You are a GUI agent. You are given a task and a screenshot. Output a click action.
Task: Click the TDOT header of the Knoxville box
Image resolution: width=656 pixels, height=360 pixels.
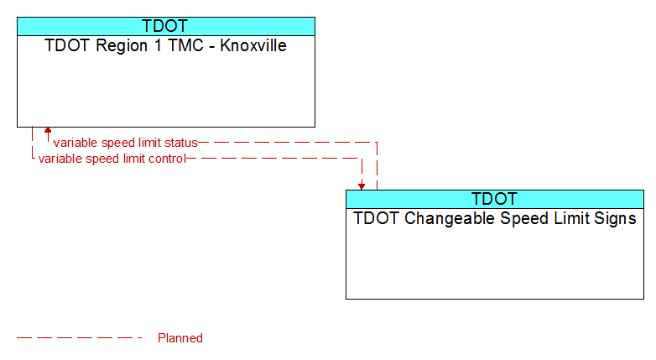pos(164,26)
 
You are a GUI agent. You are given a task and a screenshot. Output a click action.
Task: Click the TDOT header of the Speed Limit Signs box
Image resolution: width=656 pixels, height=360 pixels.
pos(494,199)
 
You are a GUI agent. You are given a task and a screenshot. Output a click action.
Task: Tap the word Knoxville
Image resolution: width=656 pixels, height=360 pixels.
pos(253,45)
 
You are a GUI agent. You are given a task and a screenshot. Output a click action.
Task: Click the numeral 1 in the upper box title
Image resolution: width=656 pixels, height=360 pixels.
pos(158,45)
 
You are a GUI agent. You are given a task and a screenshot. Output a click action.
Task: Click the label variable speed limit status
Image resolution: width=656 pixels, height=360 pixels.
pos(126,143)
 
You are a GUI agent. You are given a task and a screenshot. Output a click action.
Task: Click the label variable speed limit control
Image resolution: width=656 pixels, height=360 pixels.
pos(112,159)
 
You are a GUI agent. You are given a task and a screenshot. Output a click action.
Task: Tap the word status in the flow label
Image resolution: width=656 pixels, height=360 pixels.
pos(180,143)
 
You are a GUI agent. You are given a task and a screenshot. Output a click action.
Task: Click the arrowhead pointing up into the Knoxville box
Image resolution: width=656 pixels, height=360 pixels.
pos(48,130)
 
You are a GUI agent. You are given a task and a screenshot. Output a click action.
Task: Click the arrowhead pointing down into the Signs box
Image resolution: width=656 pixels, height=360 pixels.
pos(362,186)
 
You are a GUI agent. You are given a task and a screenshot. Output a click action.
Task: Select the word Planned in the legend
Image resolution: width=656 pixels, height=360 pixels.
pos(180,338)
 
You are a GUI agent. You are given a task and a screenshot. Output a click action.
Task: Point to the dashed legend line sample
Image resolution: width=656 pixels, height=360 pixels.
pos(79,337)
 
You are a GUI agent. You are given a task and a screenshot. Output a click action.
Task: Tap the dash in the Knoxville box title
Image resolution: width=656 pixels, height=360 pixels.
pos(212,46)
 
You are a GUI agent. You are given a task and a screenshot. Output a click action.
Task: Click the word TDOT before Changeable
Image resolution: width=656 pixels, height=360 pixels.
pos(377,218)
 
